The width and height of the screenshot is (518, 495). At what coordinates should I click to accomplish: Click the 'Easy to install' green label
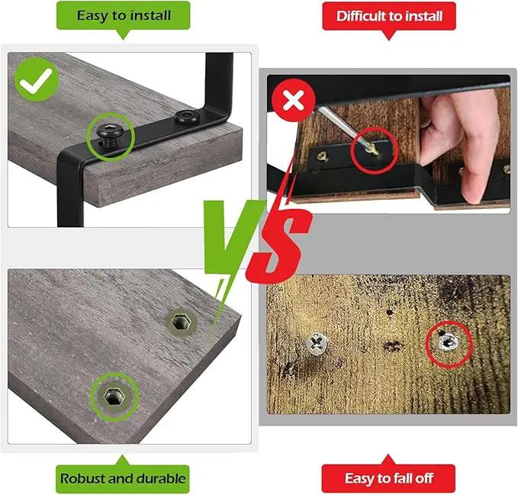tap(124, 15)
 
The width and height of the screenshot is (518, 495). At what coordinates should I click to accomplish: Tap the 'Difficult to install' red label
tap(389, 16)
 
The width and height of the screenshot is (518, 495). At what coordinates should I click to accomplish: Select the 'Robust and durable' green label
tap(123, 478)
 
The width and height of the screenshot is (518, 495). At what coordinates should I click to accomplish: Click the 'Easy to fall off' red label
tap(388, 478)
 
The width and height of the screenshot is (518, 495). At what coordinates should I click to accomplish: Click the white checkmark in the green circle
tap(36, 80)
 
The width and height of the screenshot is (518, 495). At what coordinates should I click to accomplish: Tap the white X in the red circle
tap(294, 101)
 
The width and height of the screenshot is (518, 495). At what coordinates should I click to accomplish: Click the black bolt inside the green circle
tap(110, 134)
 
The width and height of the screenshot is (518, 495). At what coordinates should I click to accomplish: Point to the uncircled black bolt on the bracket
tap(187, 117)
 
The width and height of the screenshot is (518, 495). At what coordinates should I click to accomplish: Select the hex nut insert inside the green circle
tap(114, 397)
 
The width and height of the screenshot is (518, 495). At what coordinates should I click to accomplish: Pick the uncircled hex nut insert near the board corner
tap(181, 321)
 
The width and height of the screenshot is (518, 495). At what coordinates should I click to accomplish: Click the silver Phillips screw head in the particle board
tap(317, 344)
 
